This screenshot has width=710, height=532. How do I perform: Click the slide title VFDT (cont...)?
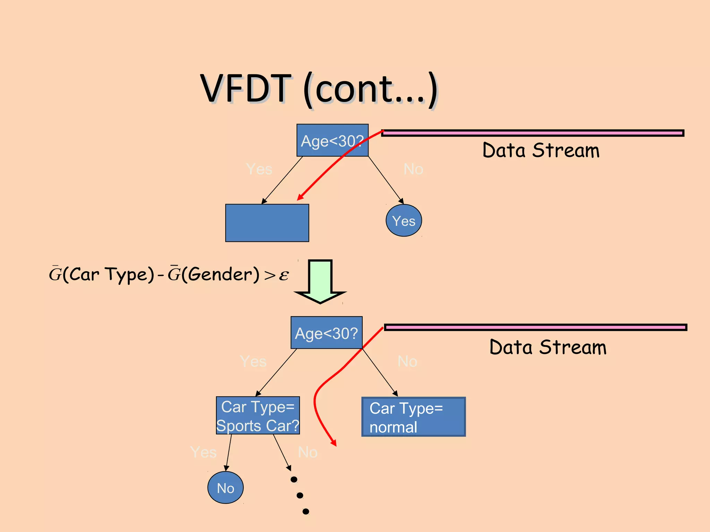tap(319, 89)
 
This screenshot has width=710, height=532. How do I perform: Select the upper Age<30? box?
tap(332, 140)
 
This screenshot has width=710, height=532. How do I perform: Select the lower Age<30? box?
tap(326, 332)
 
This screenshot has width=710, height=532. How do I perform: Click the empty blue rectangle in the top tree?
tap(267, 223)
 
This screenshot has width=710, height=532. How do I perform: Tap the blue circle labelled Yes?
tap(404, 221)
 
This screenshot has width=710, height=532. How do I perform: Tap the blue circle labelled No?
tap(225, 488)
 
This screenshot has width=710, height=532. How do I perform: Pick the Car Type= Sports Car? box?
tap(258, 415)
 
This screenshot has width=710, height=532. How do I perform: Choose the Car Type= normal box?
tap(413, 417)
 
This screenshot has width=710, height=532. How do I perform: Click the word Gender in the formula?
tap(220, 274)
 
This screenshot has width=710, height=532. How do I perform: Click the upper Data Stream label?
tap(541, 151)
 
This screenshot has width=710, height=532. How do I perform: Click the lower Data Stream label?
tap(548, 347)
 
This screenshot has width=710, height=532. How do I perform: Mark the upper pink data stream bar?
tap(532, 133)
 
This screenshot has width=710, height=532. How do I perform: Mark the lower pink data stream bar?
tap(536, 327)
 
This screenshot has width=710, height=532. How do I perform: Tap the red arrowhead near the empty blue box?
tap(300, 197)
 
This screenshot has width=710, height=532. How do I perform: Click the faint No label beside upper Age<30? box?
tap(413, 169)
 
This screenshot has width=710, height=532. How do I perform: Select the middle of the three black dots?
tap(300, 496)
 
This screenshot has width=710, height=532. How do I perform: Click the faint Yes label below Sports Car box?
tap(204, 452)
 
